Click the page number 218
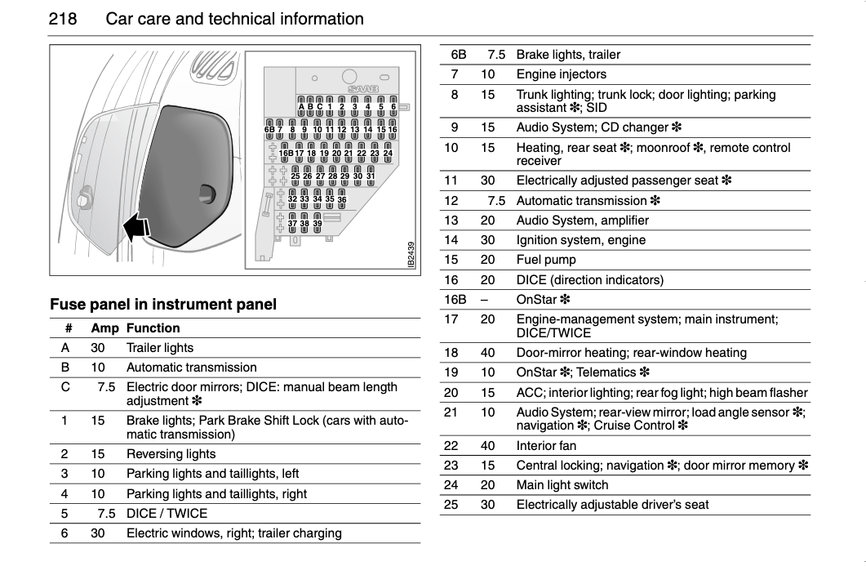click(64, 19)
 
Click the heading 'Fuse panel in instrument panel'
click(163, 305)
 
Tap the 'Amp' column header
click(104, 328)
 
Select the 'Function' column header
click(153, 328)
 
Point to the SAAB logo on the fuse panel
click(365, 87)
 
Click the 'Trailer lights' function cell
click(160, 348)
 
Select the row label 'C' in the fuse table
click(65, 387)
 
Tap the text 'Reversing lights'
click(171, 454)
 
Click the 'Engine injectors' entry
click(561, 74)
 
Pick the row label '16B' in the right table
click(455, 300)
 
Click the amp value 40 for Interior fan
click(488, 446)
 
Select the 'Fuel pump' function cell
click(546, 260)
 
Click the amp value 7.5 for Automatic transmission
click(496, 201)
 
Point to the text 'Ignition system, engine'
click(580, 240)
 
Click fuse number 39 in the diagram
click(318, 223)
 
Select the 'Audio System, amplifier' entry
click(582, 221)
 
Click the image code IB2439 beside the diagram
click(411, 253)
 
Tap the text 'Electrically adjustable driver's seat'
click(612, 505)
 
